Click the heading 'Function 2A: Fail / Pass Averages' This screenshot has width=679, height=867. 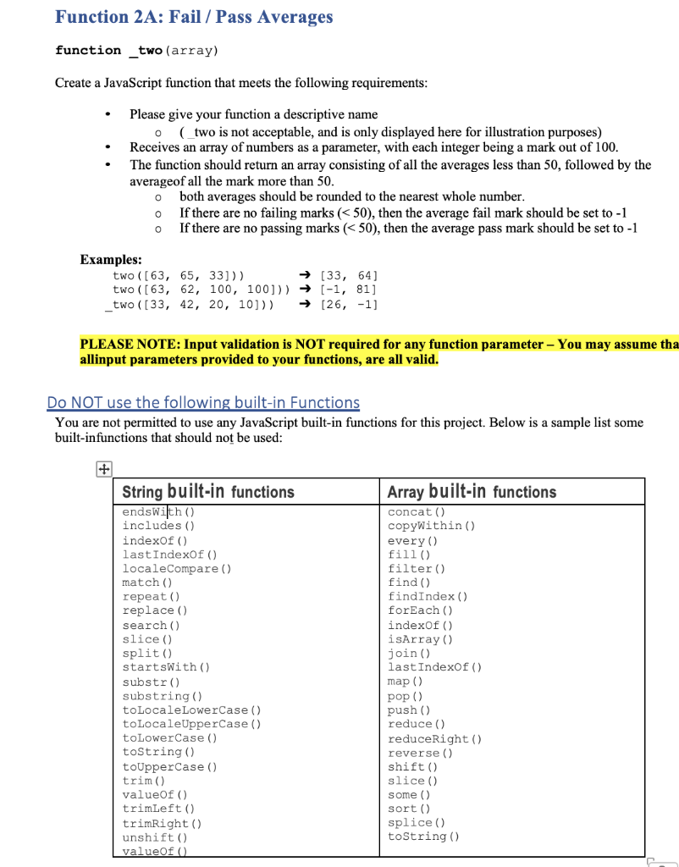194,17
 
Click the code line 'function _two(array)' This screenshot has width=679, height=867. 136,51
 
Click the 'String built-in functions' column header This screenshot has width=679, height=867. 208,492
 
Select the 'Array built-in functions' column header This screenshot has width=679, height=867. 472,492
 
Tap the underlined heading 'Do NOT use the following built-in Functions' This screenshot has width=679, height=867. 203,403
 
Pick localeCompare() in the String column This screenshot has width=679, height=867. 177,568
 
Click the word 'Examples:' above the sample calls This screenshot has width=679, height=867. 111,260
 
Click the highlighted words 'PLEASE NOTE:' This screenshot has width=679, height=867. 128,344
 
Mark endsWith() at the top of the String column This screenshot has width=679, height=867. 158,511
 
